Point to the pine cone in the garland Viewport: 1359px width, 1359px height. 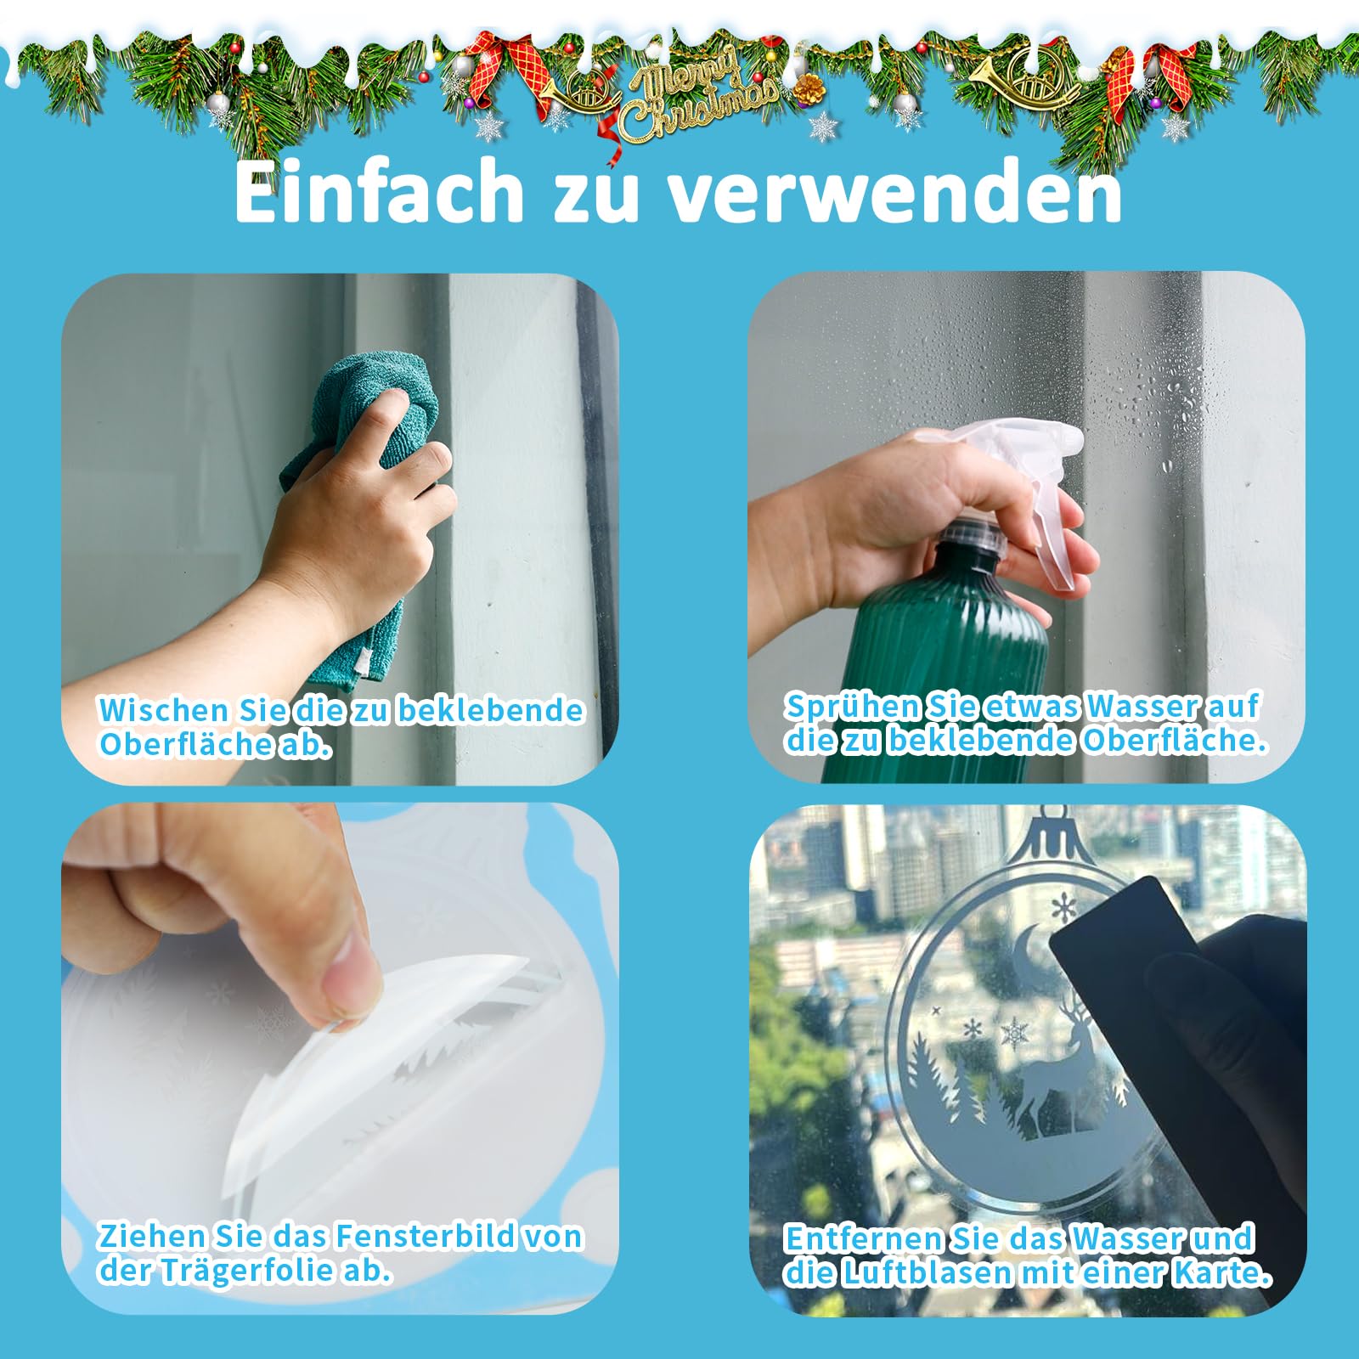809,87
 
